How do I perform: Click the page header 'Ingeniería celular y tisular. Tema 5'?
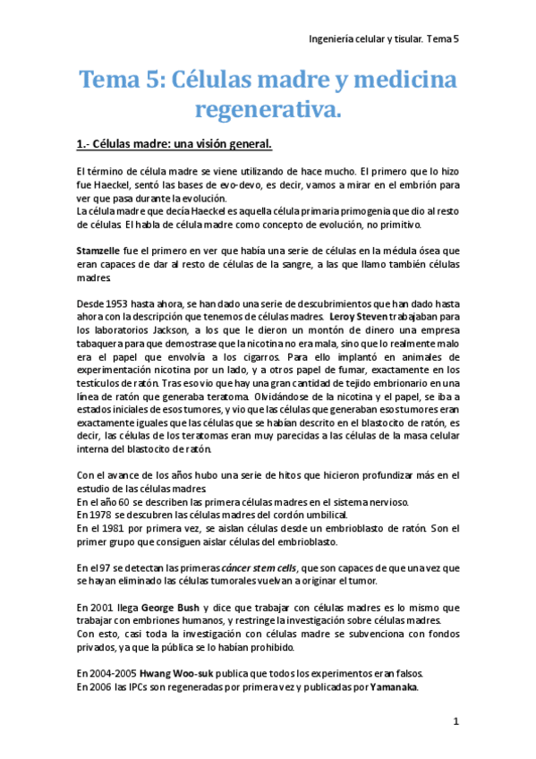coord(382,38)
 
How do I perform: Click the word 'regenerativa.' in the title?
coord(268,110)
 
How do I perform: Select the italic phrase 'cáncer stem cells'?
coord(264,567)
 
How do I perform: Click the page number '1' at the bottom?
coord(455,721)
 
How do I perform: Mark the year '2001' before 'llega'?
coord(102,607)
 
